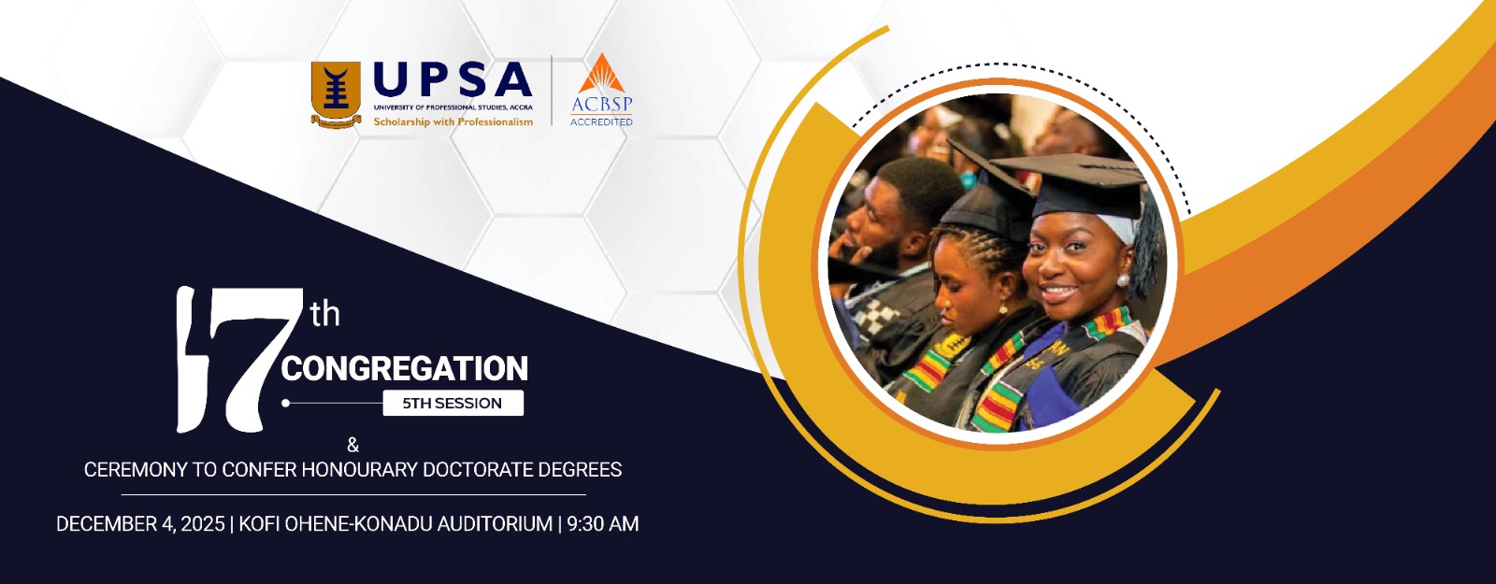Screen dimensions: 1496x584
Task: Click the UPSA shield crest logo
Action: click(x=336, y=94)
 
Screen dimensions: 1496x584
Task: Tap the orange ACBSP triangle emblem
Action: click(x=602, y=74)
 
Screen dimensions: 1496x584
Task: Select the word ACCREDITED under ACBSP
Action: click(x=601, y=122)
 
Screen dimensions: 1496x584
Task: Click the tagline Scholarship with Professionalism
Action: click(x=453, y=121)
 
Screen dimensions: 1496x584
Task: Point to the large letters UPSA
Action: click(x=453, y=78)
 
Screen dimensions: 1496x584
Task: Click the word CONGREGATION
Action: click(x=405, y=368)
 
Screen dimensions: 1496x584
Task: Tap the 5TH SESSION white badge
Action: click(x=453, y=403)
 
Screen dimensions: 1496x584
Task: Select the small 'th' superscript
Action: click(x=325, y=314)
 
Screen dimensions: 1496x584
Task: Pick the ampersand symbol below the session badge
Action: click(x=353, y=445)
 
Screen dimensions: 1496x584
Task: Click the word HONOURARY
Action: click(x=360, y=470)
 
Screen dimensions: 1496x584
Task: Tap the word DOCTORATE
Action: click(x=478, y=470)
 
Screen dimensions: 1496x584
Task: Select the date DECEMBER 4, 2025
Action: click(x=140, y=524)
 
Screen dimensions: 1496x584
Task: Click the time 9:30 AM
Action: click(x=603, y=524)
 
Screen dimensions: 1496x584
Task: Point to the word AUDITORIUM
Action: click(x=495, y=524)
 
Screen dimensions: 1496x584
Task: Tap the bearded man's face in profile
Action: click(x=871, y=223)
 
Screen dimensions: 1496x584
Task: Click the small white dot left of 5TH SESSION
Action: click(x=286, y=403)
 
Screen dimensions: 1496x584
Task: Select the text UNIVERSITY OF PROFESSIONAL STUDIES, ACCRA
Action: click(x=453, y=107)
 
